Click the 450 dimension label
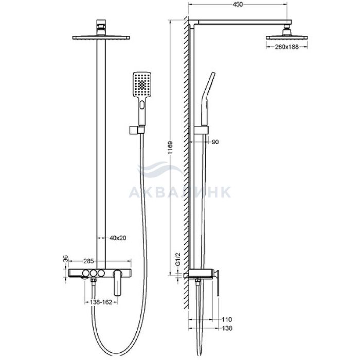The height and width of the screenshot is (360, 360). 238,4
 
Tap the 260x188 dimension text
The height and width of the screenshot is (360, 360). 287,47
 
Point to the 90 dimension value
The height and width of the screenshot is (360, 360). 215,142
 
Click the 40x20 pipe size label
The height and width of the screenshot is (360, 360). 118,238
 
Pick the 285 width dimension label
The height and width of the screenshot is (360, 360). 88,261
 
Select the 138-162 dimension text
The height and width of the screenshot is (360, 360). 101,302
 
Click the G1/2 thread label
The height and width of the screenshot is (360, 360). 178,259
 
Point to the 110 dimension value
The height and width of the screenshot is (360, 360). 227,319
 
